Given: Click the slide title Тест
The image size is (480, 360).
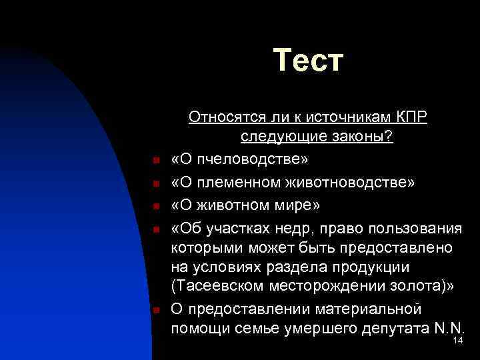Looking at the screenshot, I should (308, 61).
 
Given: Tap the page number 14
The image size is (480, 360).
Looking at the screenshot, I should (457, 341).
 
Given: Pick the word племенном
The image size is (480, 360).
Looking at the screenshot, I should (243, 183).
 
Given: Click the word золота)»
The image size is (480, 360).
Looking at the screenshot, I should (423, 287).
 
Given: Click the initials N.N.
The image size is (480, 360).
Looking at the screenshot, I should (448, 328).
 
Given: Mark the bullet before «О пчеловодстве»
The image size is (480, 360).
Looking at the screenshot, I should (154, 161).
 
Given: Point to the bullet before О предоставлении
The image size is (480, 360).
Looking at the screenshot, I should (154, 310).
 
